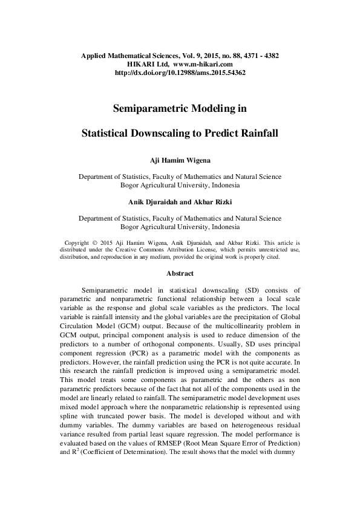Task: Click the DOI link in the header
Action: (180, 72)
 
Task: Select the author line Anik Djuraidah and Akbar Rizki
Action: (180, 201)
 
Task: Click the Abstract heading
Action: (180, 273)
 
